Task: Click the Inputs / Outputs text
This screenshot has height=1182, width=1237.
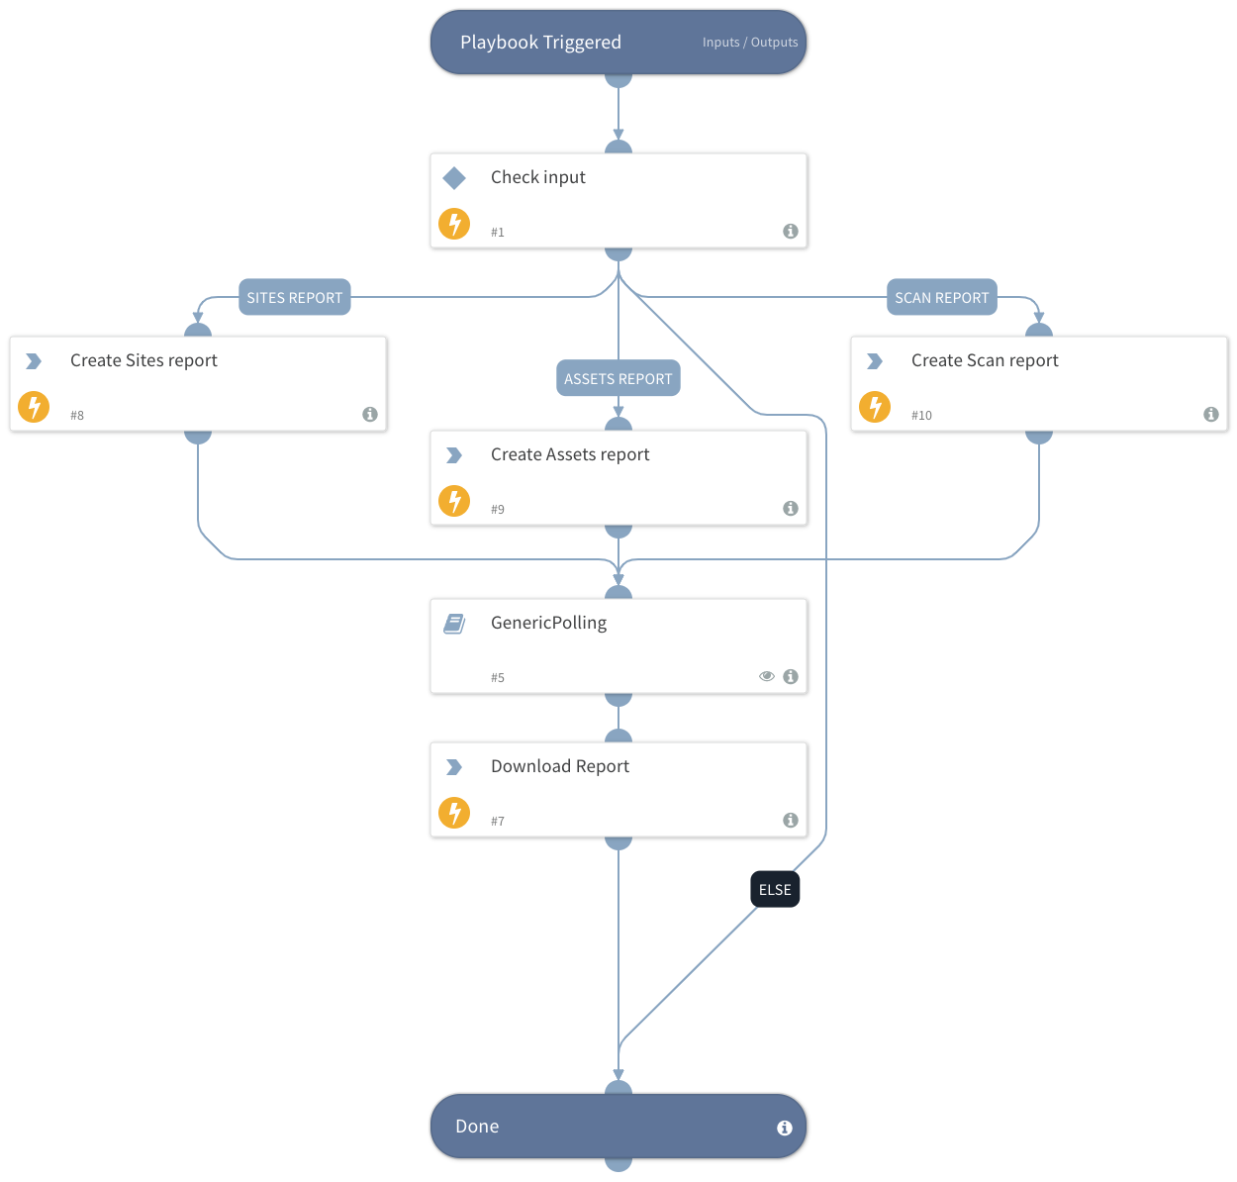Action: [749, 43]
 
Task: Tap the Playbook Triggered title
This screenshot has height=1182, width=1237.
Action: [540, 43]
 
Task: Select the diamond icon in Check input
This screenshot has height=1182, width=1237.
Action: [454, 178]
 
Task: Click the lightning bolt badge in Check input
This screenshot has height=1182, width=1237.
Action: [454, 224]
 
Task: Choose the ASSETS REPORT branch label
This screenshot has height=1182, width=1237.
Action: [618, 378]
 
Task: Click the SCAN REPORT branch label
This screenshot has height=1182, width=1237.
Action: [941, 297]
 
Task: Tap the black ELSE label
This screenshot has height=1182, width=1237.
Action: [775, 889]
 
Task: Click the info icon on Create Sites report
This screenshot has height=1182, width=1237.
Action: [370, 415]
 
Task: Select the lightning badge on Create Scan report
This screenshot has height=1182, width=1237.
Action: [875, 407]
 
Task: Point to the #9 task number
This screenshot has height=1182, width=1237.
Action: [498, 510]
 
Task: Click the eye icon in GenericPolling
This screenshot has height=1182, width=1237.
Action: [767, 676]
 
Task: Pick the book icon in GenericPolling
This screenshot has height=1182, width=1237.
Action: [454, 624]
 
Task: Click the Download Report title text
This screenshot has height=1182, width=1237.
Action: [559, 766]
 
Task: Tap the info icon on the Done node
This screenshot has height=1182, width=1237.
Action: [784, 1128]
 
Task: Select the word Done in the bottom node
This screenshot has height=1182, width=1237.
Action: [477, 1127]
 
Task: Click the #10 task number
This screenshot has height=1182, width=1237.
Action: [921, 416]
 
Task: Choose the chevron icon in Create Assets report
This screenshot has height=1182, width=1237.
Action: [454, 455]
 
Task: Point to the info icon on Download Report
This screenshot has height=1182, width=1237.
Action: [791, 820]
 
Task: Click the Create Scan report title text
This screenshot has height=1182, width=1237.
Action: [984, 360]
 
